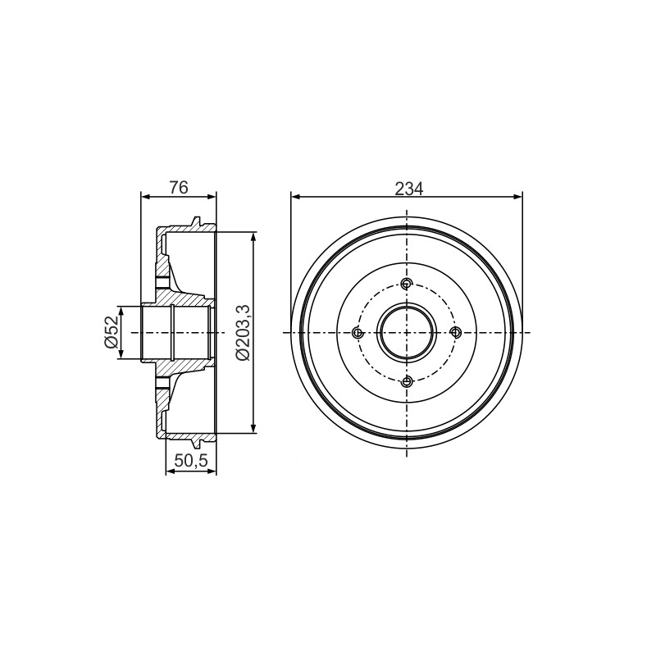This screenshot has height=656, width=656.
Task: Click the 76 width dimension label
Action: tap(179, 188)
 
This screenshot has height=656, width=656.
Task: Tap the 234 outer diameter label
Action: tap(408, 189)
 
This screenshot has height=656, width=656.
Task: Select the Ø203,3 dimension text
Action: tap(243, 333)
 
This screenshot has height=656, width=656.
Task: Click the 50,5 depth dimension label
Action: tap(191, 461)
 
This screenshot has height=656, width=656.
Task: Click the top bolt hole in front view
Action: tap(407, 284)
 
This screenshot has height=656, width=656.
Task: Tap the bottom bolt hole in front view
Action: tap(407, 381)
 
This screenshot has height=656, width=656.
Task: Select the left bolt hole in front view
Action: tap(358, 333)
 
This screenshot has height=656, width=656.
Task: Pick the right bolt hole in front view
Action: tap(455, 333)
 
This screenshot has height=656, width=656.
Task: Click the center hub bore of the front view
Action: tap(407, 333)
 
